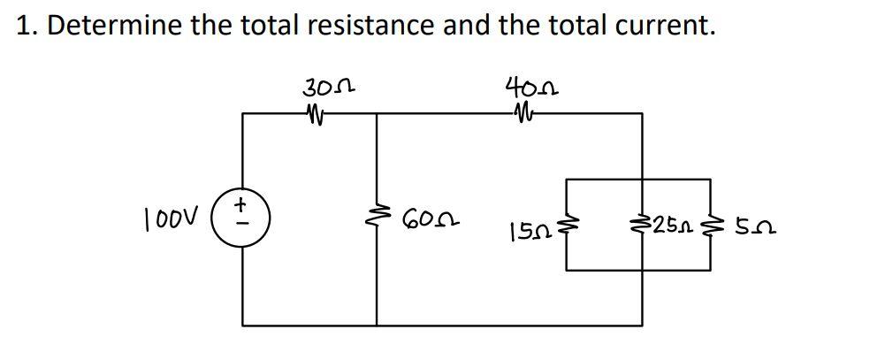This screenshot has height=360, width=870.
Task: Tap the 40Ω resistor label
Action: [x=530, y=88]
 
